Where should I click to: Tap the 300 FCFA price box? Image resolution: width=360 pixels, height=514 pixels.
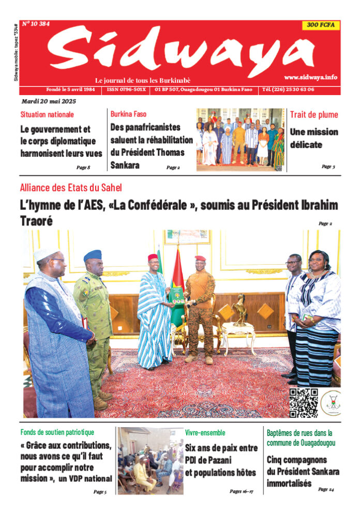point(321,25)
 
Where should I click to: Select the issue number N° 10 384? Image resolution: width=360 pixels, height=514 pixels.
point(36,24)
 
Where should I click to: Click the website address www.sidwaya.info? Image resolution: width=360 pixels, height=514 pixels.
point(310,77)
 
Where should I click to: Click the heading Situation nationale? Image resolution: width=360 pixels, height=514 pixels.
point(47,114)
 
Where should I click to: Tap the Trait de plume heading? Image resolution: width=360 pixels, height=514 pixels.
point(314,114)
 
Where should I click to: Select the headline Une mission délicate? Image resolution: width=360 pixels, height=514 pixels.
point(313,138)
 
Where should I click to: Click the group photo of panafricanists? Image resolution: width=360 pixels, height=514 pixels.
point(240,139)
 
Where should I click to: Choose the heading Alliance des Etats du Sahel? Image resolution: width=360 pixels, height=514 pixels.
point(71,188)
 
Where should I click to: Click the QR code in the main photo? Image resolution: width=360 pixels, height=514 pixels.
point(303,402)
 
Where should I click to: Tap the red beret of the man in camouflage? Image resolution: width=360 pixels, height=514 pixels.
point(200,258)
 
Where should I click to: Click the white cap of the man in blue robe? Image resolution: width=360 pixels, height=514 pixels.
point(46,253)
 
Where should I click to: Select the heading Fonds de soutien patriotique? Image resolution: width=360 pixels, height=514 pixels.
point(57,432)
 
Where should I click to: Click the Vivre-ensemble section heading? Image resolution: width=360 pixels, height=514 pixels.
point(205,432)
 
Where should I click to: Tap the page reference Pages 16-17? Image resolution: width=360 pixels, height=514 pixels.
point(241,491)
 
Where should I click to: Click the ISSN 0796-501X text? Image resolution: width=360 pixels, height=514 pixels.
point(127,89)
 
